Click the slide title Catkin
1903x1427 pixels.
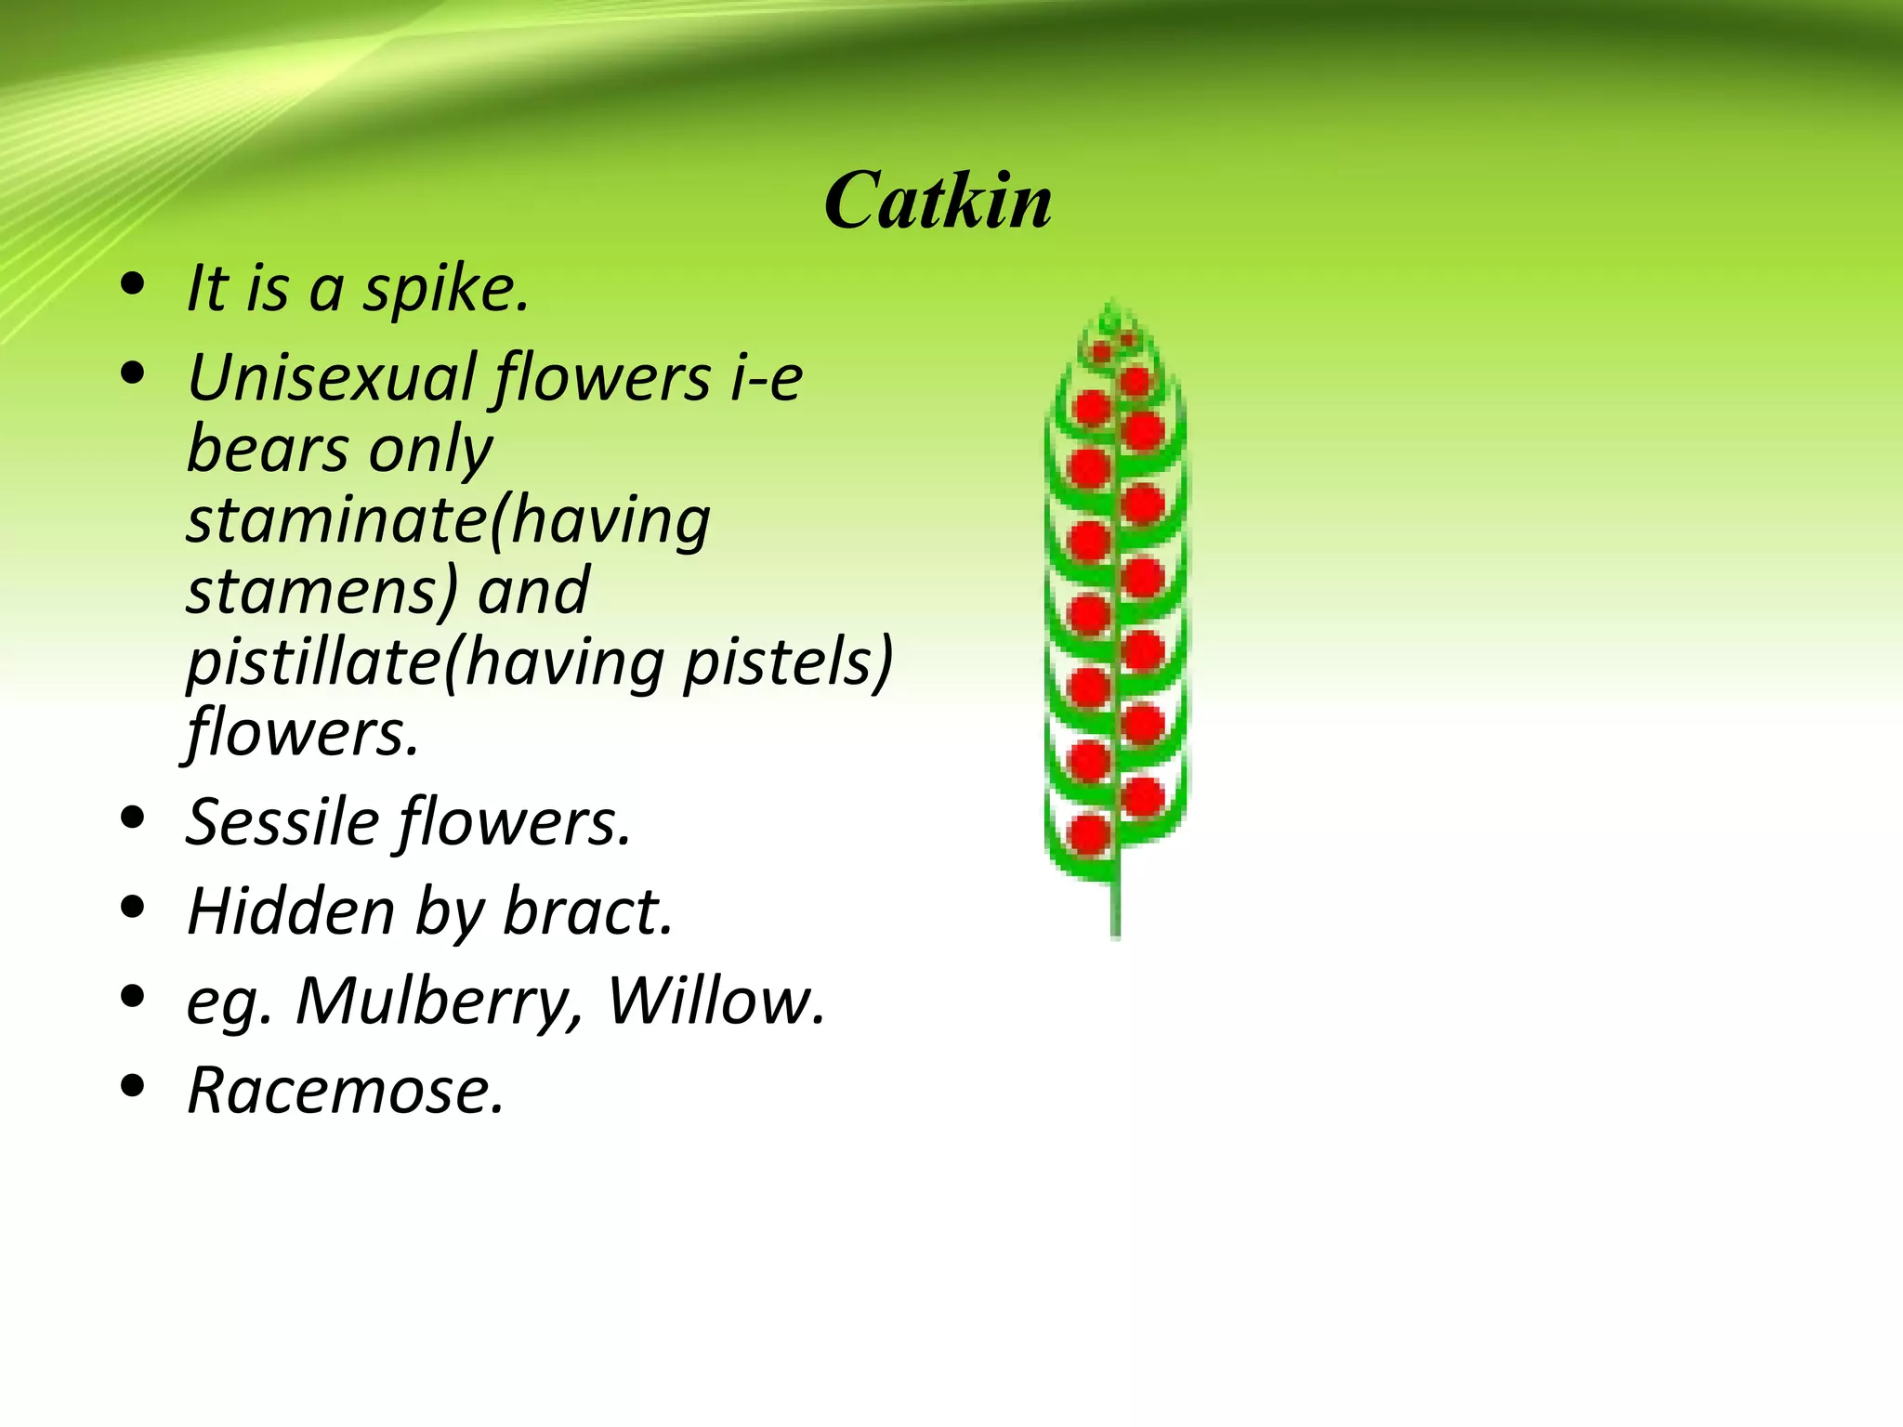938,202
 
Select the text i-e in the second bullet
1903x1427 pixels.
767,379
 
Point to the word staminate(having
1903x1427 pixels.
448,520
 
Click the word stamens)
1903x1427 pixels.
322,591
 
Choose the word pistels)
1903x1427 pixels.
788,661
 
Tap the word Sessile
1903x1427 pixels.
282,822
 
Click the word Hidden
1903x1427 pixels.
290,911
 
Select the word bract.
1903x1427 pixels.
587,911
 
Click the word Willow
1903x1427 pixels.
715,1001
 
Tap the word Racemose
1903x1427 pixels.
345,1090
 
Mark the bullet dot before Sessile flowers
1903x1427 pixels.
134,817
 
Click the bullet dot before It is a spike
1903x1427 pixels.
134,284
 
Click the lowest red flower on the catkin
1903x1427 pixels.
1089,833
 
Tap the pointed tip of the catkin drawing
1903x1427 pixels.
1112,307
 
